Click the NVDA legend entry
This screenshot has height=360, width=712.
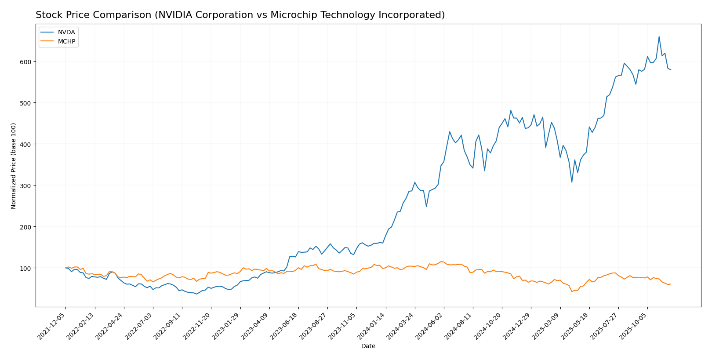66,33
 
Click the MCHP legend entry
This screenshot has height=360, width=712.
66,42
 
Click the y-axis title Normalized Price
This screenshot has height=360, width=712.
14,166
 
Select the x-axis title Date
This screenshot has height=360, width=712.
368,346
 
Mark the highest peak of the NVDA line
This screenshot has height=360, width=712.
659,36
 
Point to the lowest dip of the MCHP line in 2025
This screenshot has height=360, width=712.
572,291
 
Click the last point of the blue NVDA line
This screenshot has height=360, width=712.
671,70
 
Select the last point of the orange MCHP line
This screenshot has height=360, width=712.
671,284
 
